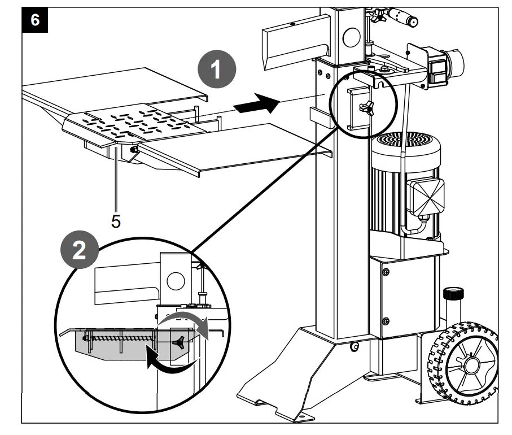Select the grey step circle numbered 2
pos(81,251)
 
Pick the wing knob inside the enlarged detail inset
pos(180,340)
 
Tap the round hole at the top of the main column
pos(351,36)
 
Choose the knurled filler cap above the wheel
pos(452,294)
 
